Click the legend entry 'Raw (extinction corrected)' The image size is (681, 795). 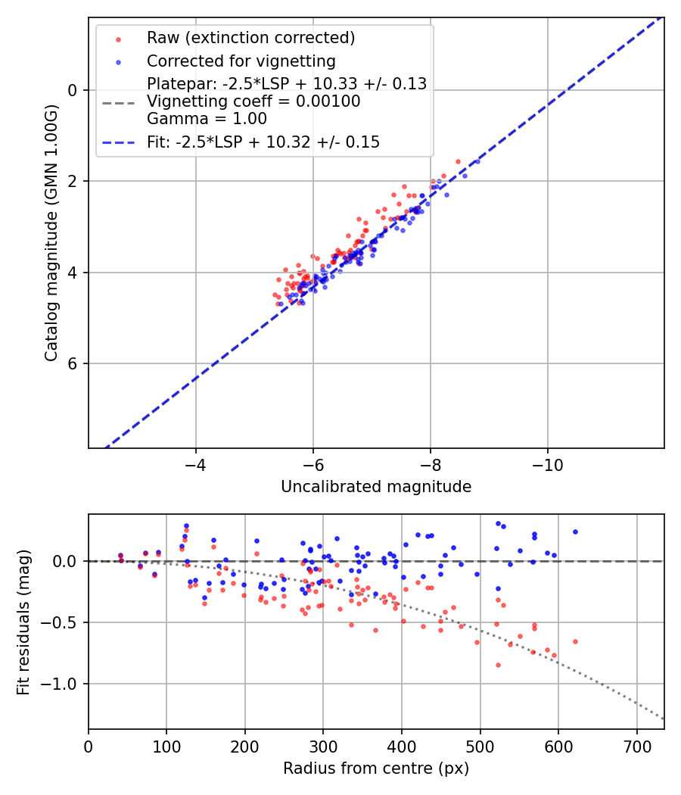click(x=250, y=37)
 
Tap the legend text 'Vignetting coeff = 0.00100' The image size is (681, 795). click(x=253, y=101)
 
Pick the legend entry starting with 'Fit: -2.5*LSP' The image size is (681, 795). click(x=263, y=142)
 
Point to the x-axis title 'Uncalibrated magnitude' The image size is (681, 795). click(x=376, y=487)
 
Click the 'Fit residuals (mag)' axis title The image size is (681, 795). click(x=23, y=621)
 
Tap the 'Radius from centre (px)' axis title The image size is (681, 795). click(x=376, y=768)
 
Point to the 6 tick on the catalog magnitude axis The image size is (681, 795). click(x=73, y=363)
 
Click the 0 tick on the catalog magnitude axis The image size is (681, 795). click(x=73, y=90)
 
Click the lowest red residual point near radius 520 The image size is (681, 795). click(x=498, y=665)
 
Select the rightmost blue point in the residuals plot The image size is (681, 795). click(x=575, y=532)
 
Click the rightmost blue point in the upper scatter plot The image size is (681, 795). click(x=477, y=161)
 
